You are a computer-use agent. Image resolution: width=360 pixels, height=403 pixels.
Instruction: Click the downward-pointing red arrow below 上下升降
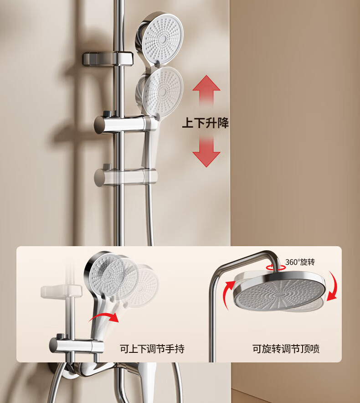(206, 152)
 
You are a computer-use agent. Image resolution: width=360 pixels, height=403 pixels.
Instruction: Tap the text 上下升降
(206, 123)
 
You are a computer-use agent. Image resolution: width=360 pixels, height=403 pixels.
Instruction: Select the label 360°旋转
(300, 262)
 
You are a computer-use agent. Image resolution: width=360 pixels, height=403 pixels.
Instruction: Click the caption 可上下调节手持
(152, 349)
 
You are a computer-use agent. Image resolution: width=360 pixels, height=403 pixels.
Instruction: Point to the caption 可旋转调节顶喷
(286, 349)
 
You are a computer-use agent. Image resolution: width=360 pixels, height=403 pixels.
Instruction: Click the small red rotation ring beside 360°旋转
(276, 267)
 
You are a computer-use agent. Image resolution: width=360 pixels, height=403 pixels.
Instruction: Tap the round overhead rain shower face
(279, 293)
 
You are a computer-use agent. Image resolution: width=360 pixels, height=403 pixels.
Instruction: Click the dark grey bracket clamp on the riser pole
(108, 59)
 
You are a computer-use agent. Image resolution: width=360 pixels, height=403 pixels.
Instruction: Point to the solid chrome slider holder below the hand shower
(125, 124)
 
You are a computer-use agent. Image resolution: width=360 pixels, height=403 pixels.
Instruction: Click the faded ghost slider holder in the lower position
(125, 177)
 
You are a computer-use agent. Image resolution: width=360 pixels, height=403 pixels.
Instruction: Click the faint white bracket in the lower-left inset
(61, 291)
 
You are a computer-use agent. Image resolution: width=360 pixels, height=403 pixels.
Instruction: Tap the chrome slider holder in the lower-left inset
(77, 344)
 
